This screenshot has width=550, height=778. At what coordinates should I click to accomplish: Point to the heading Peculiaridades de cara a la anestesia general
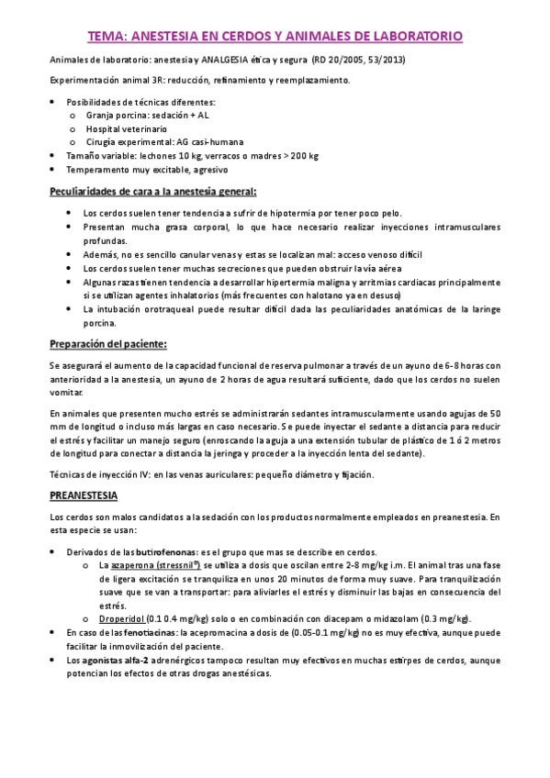tap(152, 192)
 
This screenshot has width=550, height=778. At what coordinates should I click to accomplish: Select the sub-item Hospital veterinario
tap(127, 129)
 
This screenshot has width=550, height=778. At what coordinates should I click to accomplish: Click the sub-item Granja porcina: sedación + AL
tap(147, 116)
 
